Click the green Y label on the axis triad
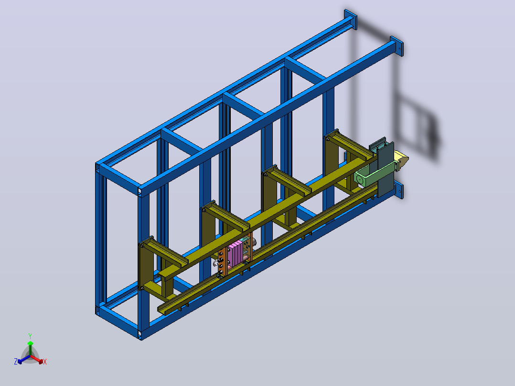coord(30,336)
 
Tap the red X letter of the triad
coord(45,362)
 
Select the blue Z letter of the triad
coord(16,361)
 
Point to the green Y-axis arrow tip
coord(30,343)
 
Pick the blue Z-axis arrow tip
coord(20,362)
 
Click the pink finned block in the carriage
coord(236,254)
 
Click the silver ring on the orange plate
coord(216,263)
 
